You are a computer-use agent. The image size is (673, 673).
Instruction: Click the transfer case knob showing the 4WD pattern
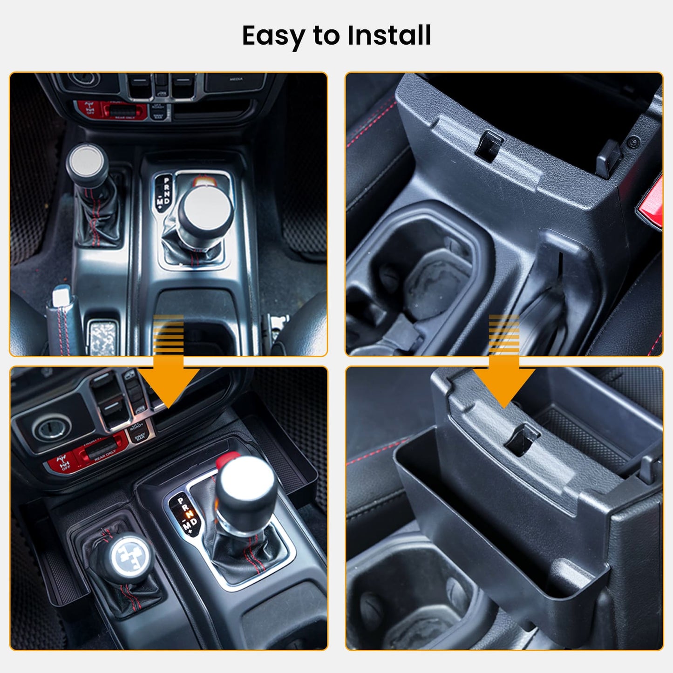(x=126, y=556)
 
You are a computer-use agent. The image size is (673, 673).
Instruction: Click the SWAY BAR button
(x=139, y=436)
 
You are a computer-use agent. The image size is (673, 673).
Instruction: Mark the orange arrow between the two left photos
(x=169, y=368)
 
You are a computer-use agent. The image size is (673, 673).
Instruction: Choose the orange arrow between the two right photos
(x=504, y=368)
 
